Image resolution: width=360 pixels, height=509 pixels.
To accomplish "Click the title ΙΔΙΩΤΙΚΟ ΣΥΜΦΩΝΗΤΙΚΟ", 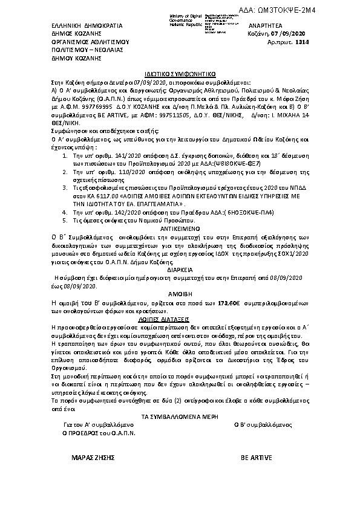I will click(x=180, y=71).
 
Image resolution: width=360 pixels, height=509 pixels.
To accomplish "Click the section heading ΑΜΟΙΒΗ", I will click(x=180, y=291).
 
